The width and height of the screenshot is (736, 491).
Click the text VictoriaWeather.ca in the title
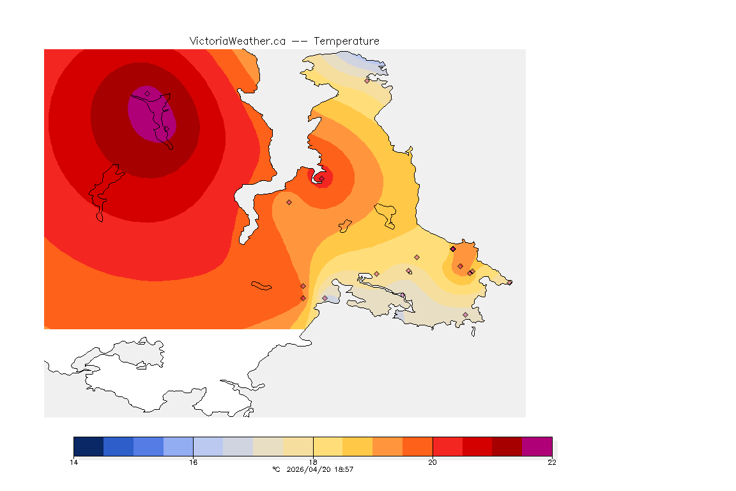pos(237,41)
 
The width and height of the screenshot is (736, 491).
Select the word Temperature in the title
pos(346,41)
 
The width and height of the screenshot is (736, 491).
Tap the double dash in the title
pos(300,41)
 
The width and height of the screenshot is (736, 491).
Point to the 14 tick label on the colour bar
pos(73,462)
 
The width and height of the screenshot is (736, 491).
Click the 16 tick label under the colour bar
pos(193,462)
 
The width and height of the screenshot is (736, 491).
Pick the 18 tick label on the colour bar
pos(313,462)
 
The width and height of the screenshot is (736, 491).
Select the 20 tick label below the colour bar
pos(433,462)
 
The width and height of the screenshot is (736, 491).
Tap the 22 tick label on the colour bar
pos(552,462)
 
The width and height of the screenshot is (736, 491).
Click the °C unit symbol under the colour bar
pos(276,469)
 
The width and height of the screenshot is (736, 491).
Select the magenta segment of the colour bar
pos(537,446)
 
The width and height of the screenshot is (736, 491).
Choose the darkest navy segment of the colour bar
pos(88,446)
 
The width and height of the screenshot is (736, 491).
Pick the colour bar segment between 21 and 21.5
pos(507,446)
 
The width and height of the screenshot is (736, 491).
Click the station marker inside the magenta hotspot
pos(147,93)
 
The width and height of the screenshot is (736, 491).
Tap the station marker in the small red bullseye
pos(321,178)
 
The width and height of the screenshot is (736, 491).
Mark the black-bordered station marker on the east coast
pos(453,249)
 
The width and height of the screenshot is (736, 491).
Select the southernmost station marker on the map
pos(465,315)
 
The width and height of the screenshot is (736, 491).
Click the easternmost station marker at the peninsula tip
pos(510,283)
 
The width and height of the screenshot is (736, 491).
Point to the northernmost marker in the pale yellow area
pos(367,81)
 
